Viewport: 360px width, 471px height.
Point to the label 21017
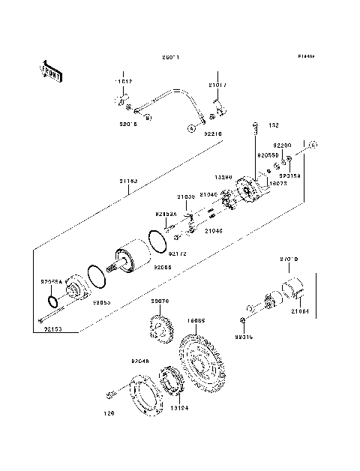point(216,85)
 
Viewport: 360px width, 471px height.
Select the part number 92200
point(282,145)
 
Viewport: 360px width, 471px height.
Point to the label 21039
point(187,196)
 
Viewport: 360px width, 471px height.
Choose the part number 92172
point(177,253)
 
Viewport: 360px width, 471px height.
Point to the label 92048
point(140,361)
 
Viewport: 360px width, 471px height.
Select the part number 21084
point(299,310)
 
